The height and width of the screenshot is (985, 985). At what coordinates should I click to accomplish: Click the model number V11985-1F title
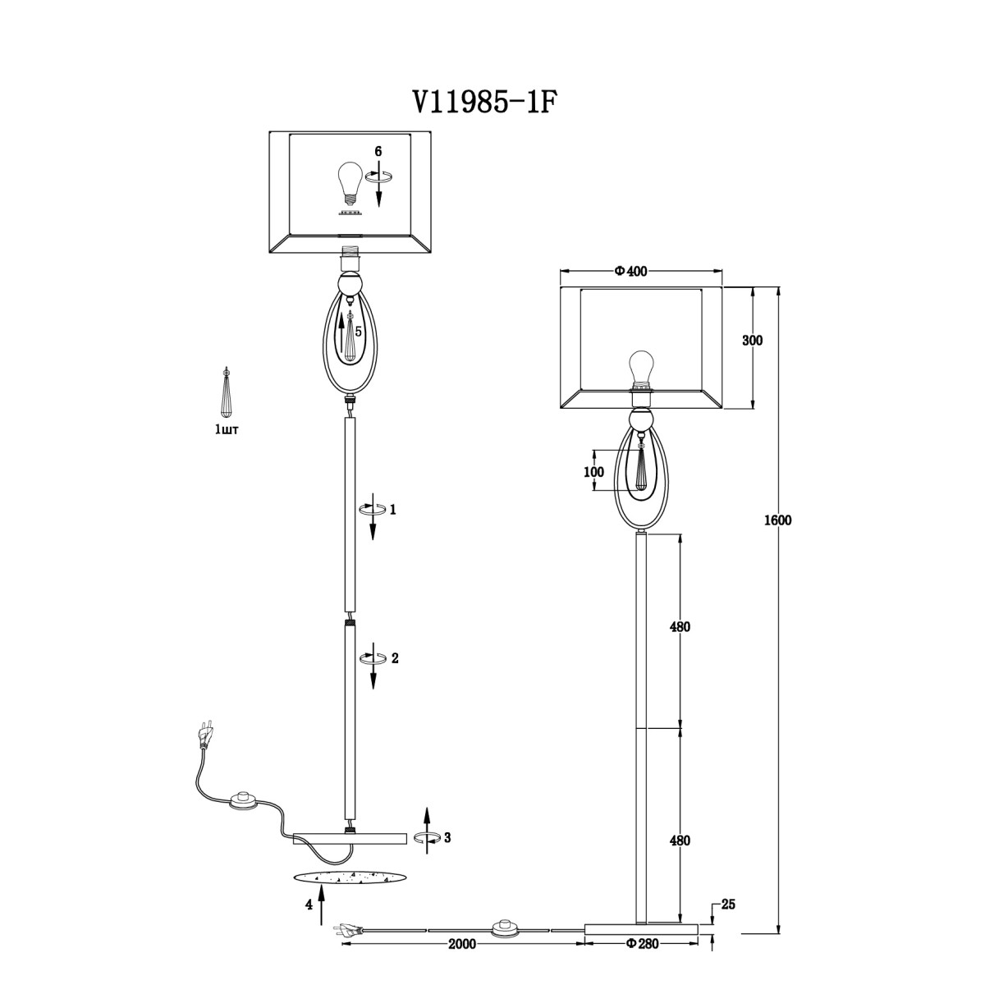click(483, 103)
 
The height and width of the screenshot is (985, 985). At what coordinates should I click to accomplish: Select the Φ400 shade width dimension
click(630, 272)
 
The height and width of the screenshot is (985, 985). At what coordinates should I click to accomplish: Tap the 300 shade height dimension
click(752, 341)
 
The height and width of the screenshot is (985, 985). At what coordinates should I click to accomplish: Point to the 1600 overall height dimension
click(778, 520)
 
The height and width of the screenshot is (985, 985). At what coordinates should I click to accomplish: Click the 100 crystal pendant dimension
click(593, 472)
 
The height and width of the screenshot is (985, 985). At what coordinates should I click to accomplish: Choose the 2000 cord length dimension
click(462, 944)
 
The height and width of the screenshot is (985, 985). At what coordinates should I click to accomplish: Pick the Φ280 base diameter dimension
click(642, 944)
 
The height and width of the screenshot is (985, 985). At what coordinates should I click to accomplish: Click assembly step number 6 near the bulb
click(378, 151)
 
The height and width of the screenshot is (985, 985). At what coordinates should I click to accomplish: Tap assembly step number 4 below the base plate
click(309, 905)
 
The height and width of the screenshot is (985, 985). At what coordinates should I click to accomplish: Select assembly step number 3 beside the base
click(447, 838)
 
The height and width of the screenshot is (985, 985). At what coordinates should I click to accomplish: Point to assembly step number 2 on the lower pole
click(395, 658)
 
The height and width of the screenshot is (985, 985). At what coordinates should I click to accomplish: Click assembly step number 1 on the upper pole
click(392, 510)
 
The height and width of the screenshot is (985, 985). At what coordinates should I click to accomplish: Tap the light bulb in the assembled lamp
click(640, 368)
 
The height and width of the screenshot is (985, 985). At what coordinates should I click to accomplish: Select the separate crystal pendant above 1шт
click(226, 392)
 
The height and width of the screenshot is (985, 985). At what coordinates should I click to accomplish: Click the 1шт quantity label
click(227, 430)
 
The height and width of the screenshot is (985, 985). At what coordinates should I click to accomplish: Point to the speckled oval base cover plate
click(350, 877)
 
